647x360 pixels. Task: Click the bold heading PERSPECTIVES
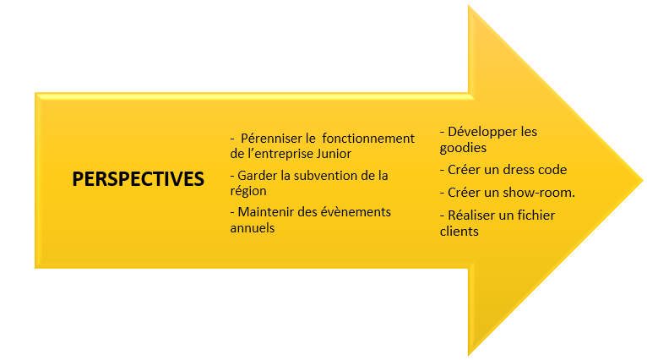click(139, 179)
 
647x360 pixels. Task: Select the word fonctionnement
click(368, 139)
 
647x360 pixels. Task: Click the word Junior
click(334, 154)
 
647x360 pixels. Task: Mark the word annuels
click(252, 228)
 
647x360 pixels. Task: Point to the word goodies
click(463, 148)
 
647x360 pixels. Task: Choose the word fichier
click(536, 215)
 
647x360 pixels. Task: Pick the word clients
click(459, 232)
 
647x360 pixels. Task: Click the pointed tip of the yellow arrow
click(642, 180)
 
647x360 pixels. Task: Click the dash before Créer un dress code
click(443, 171)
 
